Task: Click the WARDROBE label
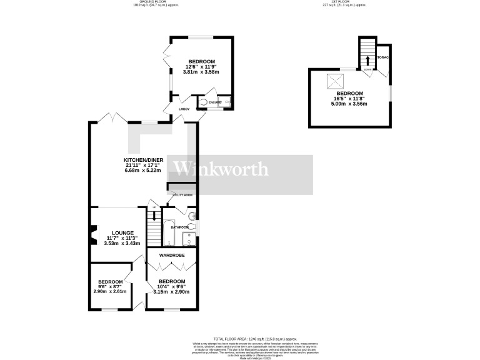[x=171, y=256]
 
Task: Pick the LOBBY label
[x=184, y=109]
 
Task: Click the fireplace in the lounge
[x=93, y=236]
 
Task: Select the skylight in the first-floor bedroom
[x=335, y=79]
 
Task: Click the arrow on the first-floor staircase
[x=367, y=60]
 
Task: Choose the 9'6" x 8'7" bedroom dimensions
[x=109, y=286]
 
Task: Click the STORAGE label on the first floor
[x=383, y=57]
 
